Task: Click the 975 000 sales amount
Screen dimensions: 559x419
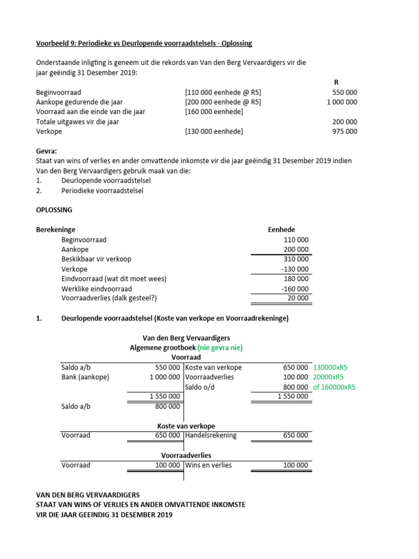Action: (344, 132)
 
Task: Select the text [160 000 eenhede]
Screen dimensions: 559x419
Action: (214, 112)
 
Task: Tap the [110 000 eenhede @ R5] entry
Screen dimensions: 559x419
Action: (223, 92)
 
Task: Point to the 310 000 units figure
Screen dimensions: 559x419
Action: (296, 259)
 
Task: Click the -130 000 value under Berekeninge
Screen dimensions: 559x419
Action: (295, 269)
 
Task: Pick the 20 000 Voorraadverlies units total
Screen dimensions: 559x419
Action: (298, 299)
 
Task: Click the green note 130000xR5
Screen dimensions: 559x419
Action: (331, 367)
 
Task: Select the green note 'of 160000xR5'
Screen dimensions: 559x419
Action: (334, 387)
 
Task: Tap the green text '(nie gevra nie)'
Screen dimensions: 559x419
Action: (220, 347)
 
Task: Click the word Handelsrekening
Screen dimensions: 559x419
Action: (211, 436)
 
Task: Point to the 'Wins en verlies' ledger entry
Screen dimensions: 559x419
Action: (208, 465)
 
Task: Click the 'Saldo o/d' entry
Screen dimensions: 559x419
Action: (201, 387)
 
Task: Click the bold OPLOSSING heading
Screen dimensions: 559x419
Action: (53, 210)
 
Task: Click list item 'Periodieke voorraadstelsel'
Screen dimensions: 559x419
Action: (103, 191)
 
